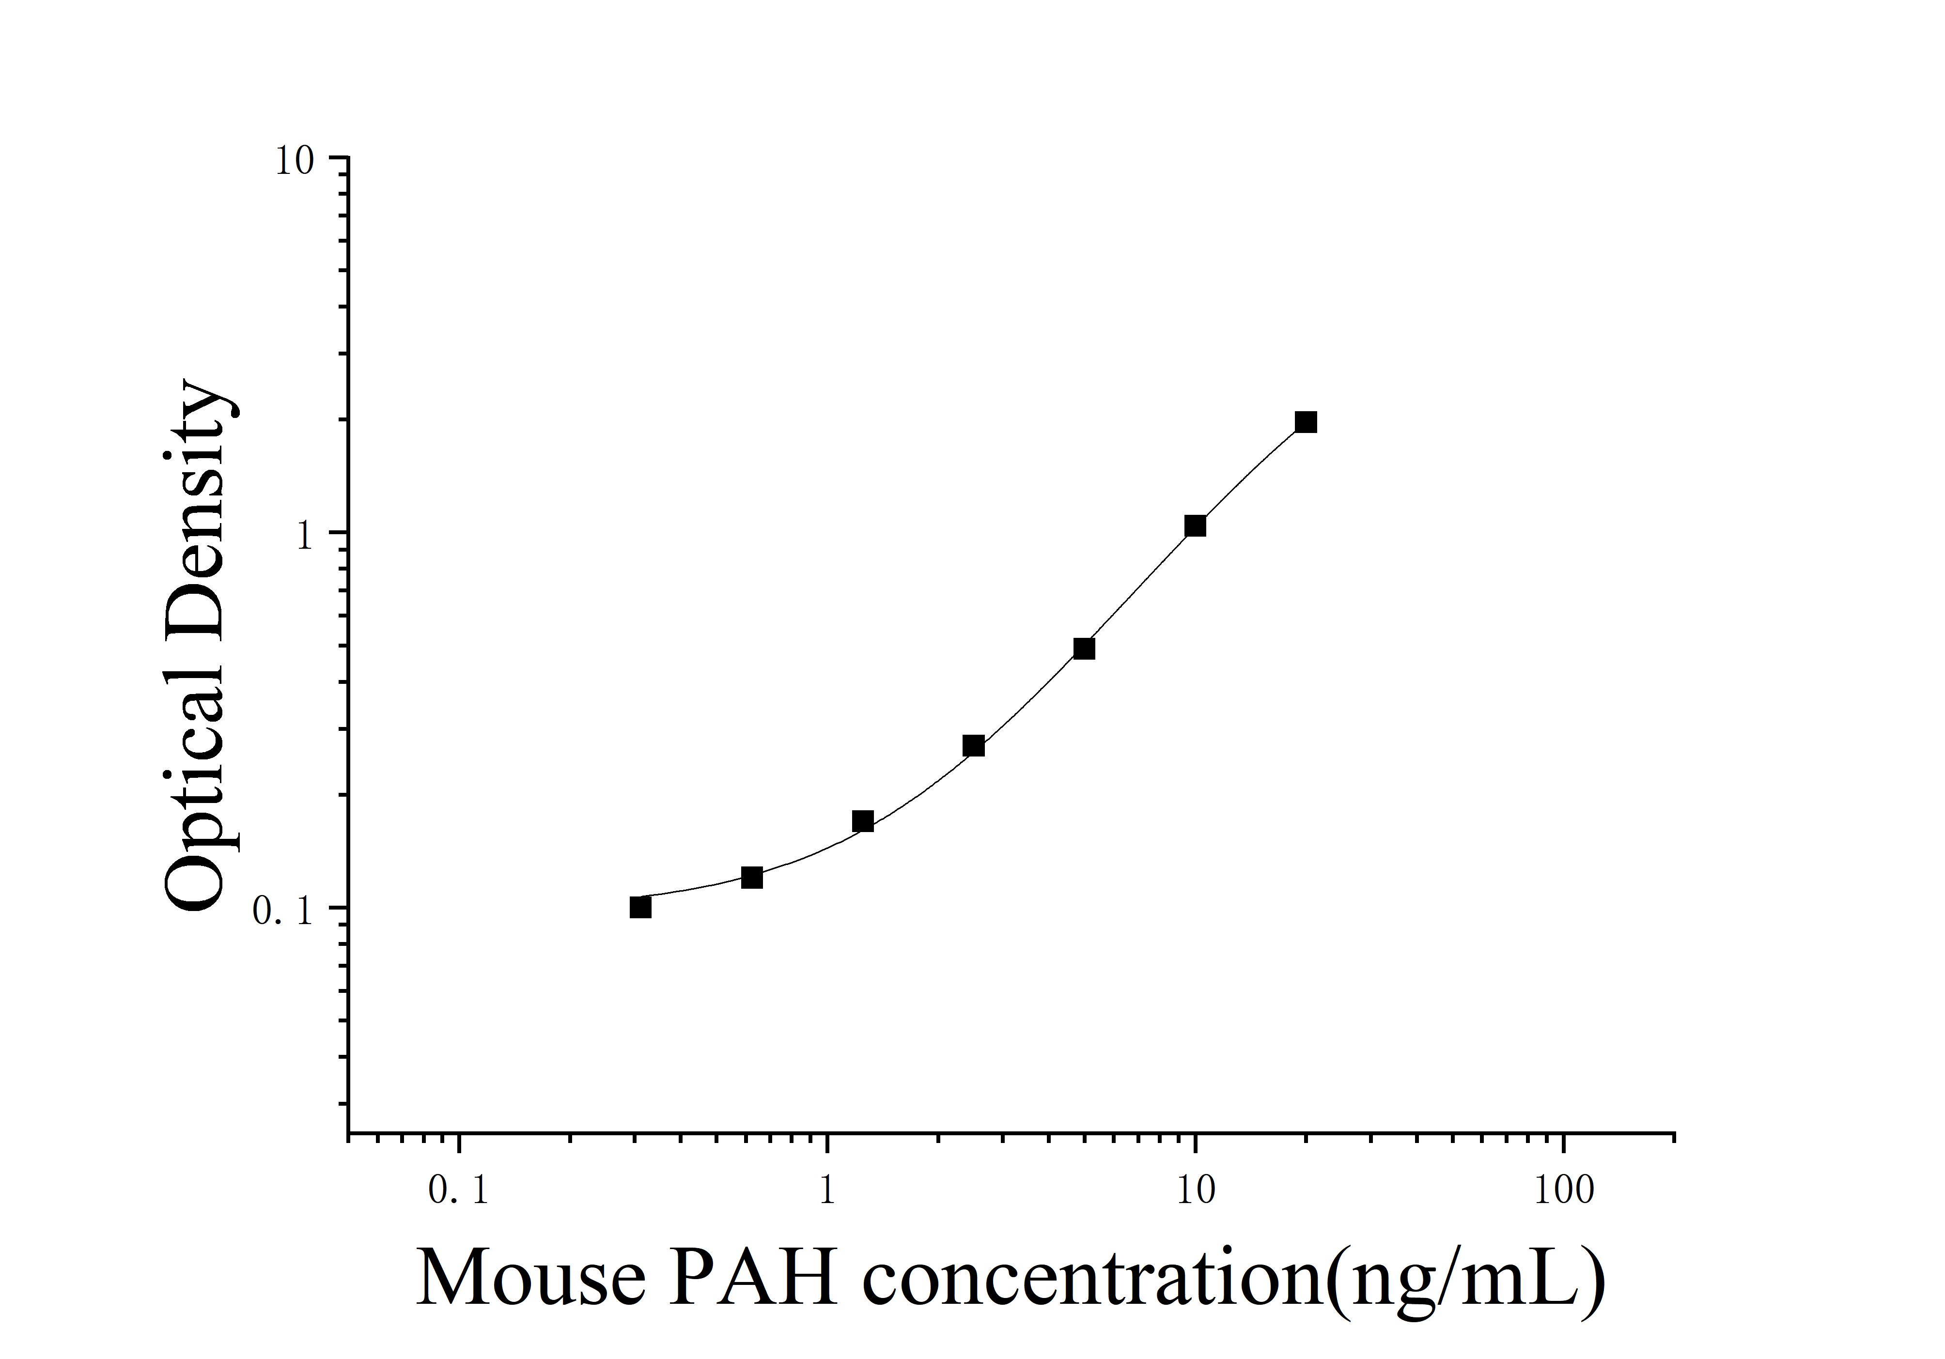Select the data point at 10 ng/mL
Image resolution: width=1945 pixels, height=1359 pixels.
(x=1195, y=526)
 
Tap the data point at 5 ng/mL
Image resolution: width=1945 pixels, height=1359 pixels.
(x=1084, y=649)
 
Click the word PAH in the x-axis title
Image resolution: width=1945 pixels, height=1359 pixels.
(x=754, y=1279)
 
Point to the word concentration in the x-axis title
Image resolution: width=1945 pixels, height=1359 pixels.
(x=1093, y=1279)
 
